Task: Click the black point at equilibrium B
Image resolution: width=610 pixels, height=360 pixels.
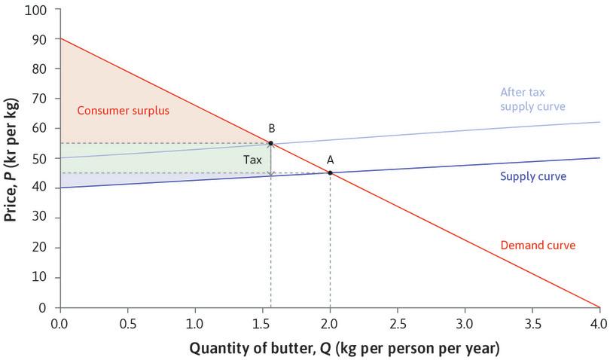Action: point(270,143)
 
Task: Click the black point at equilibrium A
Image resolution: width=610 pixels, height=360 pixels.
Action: point(330,172)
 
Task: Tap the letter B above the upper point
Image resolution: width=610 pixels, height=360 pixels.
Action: point(271,129)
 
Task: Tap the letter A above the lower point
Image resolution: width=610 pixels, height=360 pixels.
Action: point(330,159)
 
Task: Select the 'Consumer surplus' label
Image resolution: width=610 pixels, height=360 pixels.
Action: point(124,111)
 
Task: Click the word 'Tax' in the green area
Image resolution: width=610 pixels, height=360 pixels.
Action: point(252,160)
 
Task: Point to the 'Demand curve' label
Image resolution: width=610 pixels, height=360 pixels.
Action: point(538,246)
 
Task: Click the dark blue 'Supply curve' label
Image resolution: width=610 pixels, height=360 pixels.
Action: point(533,176)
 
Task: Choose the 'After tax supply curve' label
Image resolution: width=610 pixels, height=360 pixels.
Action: point(532,99)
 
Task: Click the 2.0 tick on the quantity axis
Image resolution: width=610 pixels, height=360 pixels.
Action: point(330,323)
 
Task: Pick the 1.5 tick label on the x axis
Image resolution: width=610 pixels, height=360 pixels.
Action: point(262,323)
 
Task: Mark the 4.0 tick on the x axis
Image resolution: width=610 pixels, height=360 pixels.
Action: point(599,323)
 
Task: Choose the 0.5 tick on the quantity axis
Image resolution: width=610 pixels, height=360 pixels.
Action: point(127,323)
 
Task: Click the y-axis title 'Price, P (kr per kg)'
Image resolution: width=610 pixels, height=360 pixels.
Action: point(11,159)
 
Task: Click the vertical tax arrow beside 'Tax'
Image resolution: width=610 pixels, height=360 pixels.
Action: point(271,159)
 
